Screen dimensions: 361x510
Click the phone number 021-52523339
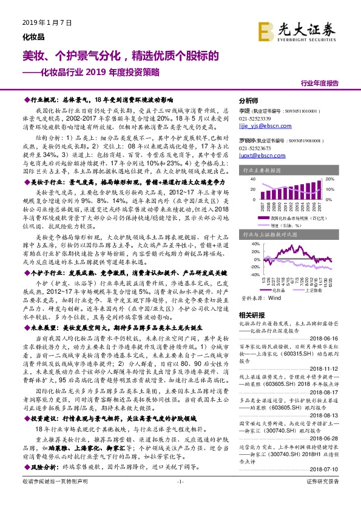tap(255, 119)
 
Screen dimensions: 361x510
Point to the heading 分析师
tap(249, 101)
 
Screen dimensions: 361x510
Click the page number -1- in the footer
tap(180, 498)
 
